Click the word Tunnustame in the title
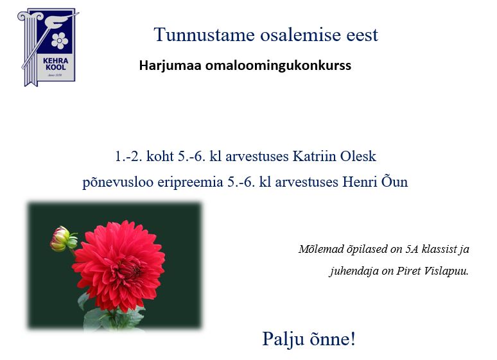click(204, 35)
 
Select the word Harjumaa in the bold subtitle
click(170, 65)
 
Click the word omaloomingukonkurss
click(278, 65)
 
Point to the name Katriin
click(314, 156)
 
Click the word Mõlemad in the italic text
click(321, 249)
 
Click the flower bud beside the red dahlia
click(62, 238)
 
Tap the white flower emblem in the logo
click(60, 40)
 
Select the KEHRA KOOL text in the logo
click(55, 64)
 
